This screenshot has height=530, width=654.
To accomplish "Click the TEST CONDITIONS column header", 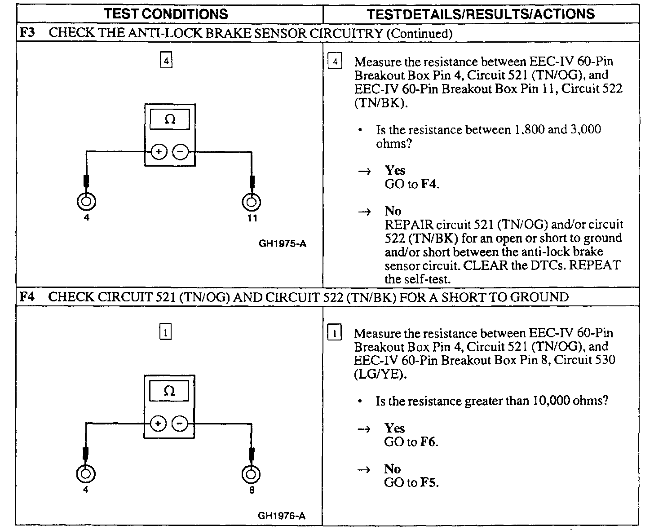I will tap(166, 14).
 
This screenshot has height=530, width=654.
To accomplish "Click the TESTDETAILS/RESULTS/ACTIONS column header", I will tap(480, 14).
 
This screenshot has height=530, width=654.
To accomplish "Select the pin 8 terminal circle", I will tap(251, 474).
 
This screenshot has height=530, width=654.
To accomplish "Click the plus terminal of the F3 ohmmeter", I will tap(159, 152).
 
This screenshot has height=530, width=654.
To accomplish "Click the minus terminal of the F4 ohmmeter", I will tap(180, 424).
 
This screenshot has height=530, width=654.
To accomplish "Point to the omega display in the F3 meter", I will tap(170, 119).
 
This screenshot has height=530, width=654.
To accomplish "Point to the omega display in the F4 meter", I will tap(169, 391).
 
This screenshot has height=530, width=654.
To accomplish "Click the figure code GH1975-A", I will tap(283, 244).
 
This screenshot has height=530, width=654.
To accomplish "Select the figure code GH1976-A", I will tap(282, 516).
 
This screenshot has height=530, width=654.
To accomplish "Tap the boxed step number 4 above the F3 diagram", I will tap(166, 60).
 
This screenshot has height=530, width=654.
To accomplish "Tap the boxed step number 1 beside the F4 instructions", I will tap(335, 333).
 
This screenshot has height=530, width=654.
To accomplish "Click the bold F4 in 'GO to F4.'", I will tap(429, 184).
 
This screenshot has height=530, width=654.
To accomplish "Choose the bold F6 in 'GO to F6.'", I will tap(428, 442).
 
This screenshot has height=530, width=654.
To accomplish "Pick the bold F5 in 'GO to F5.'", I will tap(428, 483).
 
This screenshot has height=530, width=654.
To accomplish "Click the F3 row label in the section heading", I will tap(27, 33).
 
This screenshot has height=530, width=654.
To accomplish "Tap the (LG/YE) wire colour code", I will tap(380, 374).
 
